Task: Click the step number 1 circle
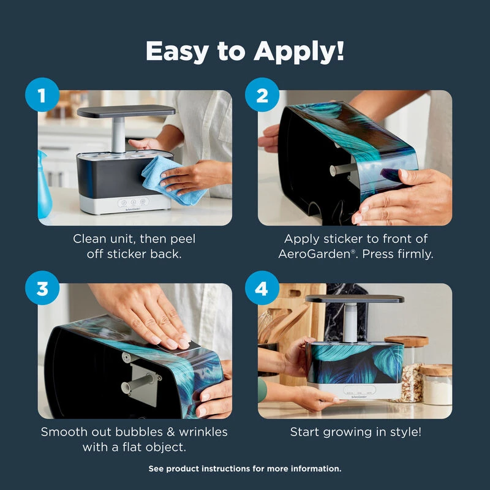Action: point(42,95)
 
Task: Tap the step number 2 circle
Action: point(262,95)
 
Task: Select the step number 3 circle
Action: point(42,288)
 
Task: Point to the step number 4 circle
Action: point(262,288)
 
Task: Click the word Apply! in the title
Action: point(299,51)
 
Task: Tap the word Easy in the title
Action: point(177,51)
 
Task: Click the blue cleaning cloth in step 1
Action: point(173,180)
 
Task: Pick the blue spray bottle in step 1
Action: point(44,185)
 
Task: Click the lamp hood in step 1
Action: point(126,111)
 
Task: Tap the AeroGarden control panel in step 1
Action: point(134,203)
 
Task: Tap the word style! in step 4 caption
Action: point(405,432)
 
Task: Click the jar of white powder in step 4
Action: point(436,385)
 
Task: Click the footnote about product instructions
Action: point(245,469)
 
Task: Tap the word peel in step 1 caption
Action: point(183,239)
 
